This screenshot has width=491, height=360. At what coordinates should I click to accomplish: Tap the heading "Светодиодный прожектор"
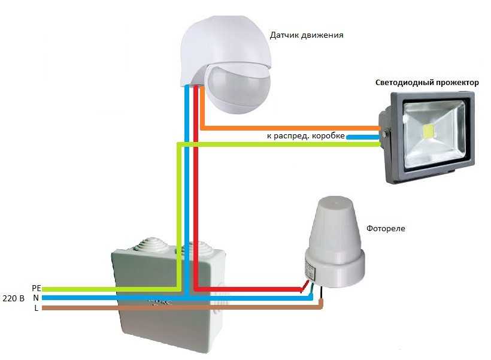click(x=427, y=83)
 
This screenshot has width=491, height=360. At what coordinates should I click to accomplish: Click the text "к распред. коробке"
click(x=305, y=136)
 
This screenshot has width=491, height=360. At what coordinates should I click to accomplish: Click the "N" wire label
click(x=36, y=298)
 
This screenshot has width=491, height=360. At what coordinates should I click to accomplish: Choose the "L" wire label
click(x=37, y=308)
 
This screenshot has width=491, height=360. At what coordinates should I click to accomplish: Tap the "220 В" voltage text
click(x=13, y=298)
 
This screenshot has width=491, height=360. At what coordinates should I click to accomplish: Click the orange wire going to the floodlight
click(x=287, y=128)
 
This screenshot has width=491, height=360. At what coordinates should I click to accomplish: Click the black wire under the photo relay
click(x=322, y=294)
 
